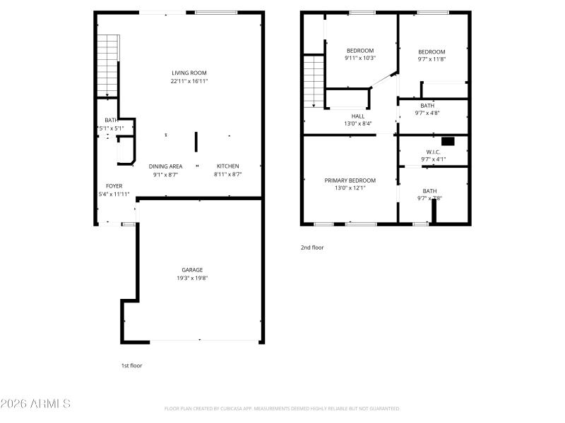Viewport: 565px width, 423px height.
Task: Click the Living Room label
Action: [189, 73]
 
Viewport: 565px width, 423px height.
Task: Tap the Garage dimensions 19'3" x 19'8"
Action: [192, 278]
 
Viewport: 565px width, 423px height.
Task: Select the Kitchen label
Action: [228, 166]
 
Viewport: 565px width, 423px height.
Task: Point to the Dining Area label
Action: [165, 166]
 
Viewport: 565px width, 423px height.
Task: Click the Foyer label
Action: [114, 186]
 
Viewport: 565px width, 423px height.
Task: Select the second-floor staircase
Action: [313, 82]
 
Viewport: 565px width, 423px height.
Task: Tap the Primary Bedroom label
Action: [350, 180]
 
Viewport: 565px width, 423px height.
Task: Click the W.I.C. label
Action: [433, 152]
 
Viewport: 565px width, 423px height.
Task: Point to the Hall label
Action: [358, 116]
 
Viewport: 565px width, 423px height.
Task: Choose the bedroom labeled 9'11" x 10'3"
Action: [360, 51]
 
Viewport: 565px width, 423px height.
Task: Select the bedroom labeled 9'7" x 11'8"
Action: [432, 51]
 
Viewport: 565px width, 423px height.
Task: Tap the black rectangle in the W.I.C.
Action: [447, 140]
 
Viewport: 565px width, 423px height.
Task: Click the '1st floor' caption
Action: [131, 365]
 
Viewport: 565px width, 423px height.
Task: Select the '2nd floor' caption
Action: [312, 247]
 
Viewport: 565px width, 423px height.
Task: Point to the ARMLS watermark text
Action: [35, 404]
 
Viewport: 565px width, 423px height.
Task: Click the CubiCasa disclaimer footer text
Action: [282, 408]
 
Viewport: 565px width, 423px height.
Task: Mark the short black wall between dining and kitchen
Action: [196, 141]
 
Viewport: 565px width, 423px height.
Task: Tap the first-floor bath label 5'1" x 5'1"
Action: [111, 121]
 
